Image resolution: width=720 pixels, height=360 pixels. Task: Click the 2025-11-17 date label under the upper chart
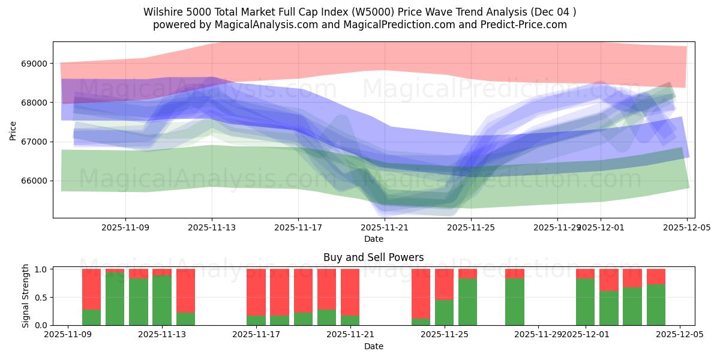point(298,228)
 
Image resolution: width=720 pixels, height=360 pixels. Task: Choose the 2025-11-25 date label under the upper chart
point(471,228)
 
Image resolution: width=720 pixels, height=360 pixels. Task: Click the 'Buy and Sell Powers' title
point(373,257)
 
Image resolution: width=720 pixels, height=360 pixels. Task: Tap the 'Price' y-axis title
point(13,130)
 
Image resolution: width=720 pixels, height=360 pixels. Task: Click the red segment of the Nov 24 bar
point(421,293)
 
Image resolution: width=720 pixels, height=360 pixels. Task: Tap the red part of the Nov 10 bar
point(91,289)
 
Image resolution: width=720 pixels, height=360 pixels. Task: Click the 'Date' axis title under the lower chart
point(373,346)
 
